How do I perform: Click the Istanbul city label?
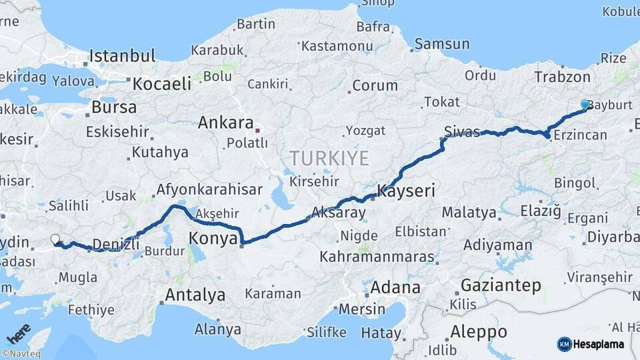[x=123, y=55]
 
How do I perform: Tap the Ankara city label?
[x=225, y=123]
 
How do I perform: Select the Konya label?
[x=213, y=238]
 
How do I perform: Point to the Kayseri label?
[x=406, y=191]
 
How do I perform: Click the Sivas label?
[x=462, y=132]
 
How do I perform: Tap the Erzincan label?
[x=581, y=135]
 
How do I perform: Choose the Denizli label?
[x=116, y=244]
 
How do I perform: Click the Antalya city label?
[x=195, y=295]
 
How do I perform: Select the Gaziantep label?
[x=501, y=286]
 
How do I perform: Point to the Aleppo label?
[x=478, y=332]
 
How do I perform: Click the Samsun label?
[x=441, y=45]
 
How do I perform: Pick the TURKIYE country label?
[x=329, y=159]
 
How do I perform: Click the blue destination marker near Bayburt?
[x=585, y=105]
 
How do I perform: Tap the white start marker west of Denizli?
[x=55, y=239]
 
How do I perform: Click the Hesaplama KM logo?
[x=591, y=344]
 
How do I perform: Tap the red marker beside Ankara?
[x=258, y=130]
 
